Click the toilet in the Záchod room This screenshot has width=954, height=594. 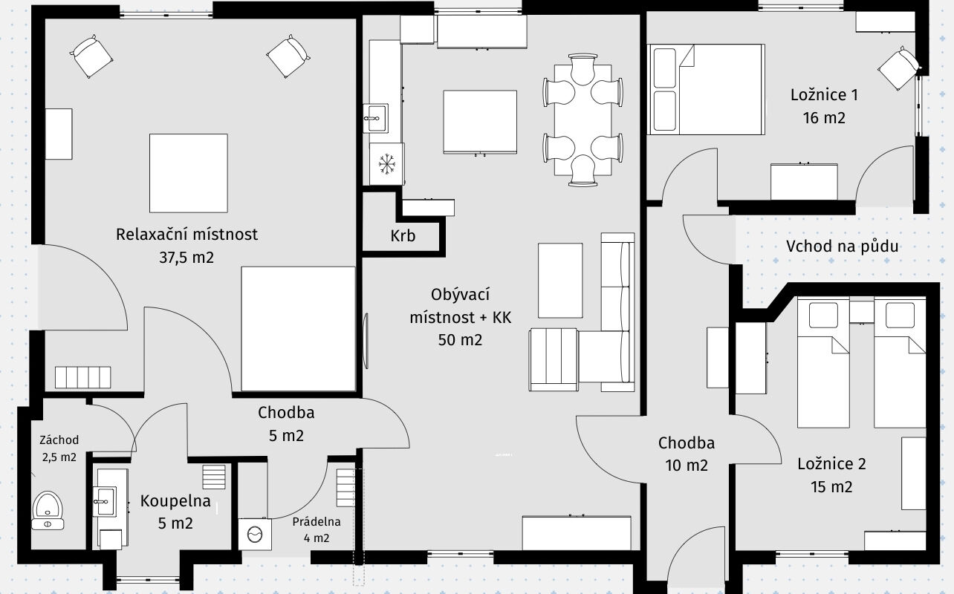[48, 511]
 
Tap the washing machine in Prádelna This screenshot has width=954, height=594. [255, 534]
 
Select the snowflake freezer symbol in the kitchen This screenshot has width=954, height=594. [386, 164]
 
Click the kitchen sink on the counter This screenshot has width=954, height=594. [376, 118]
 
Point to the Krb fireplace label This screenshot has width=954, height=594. [403, 235]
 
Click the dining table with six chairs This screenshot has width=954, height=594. [583, 120]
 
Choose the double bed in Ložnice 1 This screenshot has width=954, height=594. [706, 89]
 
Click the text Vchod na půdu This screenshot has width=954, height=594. [842, 247]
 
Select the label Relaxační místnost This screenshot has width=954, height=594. [186, 235]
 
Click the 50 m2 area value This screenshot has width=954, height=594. [460, 340]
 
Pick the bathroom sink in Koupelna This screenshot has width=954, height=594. [104, 502]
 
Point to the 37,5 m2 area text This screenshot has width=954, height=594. [186, 258]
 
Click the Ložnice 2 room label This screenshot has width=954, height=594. [831, 464]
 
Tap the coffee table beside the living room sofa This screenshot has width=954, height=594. [560, 281]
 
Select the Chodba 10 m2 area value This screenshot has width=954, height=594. [687, 466]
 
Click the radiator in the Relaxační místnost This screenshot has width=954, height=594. [82, 377]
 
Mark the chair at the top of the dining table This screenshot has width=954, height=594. [583, 69]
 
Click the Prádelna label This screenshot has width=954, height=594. [317, 522]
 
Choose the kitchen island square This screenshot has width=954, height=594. [480, 122]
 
